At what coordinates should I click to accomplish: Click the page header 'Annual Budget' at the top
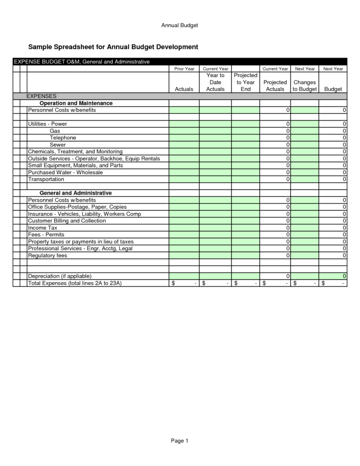coord(180,25)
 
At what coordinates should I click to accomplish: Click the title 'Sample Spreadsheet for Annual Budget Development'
coord(113,47)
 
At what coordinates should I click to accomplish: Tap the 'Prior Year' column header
coord(184,69)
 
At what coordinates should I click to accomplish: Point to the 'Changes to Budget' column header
coord(304,86)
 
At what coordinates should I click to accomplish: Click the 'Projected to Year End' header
coord(245,82)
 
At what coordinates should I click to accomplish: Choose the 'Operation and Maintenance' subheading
coord(76,103)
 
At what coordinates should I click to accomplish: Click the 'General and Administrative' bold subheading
coord(75,193)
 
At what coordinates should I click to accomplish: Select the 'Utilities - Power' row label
coord(48,124)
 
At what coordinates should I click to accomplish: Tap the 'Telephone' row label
coord(63,138)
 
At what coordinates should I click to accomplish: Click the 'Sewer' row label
coord(58,145)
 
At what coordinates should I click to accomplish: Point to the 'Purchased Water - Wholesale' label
coord(62,172)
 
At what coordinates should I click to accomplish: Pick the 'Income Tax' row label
coord(42,228)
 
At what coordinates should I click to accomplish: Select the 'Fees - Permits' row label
coord(46,234)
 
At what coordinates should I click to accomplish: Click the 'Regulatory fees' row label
coord(48,256)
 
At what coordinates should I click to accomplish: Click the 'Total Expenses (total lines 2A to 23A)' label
coord(74,283)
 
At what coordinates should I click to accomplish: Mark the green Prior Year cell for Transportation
coord(184,179)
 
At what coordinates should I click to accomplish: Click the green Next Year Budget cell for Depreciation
coord(333,276)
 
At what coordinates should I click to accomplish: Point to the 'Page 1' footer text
coord(180,441)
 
